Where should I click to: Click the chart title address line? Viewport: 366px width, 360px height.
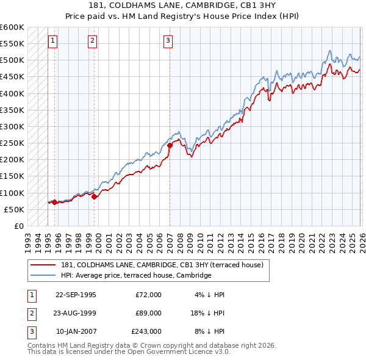point(182,5)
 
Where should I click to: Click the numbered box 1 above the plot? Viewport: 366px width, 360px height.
point(52,41)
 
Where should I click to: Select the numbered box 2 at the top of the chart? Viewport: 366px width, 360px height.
point(92,41)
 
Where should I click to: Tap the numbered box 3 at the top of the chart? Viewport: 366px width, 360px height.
point(168,41)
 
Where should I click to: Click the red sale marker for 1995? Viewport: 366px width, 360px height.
point(54,202)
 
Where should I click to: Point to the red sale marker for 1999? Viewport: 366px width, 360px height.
point(94,196)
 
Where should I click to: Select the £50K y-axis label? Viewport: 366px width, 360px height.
point(14,209)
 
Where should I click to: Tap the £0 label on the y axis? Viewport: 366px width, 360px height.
point(18,226)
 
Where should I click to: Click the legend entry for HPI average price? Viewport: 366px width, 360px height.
point(135,275)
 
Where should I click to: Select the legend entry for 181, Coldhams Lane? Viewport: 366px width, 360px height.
point(162,265)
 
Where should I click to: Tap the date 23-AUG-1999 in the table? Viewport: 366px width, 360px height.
point(76,313)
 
